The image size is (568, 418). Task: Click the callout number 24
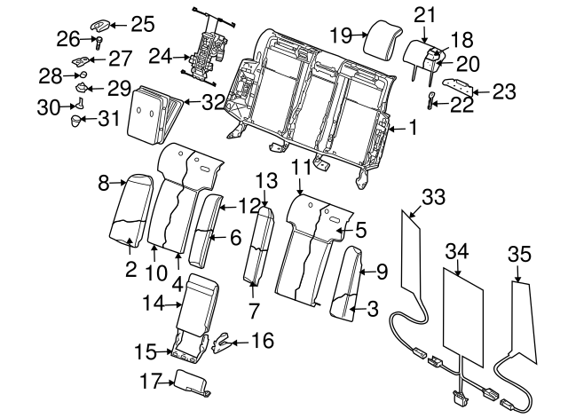159,57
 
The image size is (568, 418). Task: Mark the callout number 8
103,183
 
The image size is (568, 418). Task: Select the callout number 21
425,13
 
